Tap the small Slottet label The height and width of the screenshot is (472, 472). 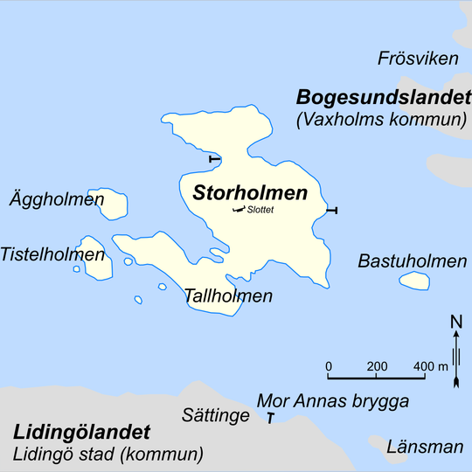click(x=261, y=210)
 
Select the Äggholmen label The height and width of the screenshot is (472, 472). click(x=57, y=199)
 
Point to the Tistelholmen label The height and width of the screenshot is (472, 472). click(x=52, y=254)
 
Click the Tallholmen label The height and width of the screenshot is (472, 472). click(x=228, y=295)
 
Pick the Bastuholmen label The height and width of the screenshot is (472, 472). click(x=412, y=261)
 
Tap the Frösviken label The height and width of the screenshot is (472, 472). click(x=418, y=59)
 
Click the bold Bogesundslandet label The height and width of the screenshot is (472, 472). click(x=381, y=96)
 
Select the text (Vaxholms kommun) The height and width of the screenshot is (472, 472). click(x=379, y=120)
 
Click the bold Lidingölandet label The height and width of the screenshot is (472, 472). click(x=81, y=432)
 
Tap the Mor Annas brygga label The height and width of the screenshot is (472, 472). click(x=333, y=401)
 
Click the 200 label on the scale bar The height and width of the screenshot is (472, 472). click(x=377, y=365)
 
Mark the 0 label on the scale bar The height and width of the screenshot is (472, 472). click(x=329, y=365)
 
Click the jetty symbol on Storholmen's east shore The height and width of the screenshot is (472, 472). click(x=330, y=211)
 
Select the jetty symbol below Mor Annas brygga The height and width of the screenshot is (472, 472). click(x=271, y=420)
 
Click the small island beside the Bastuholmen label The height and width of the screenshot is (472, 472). click(x=414, y=281)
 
